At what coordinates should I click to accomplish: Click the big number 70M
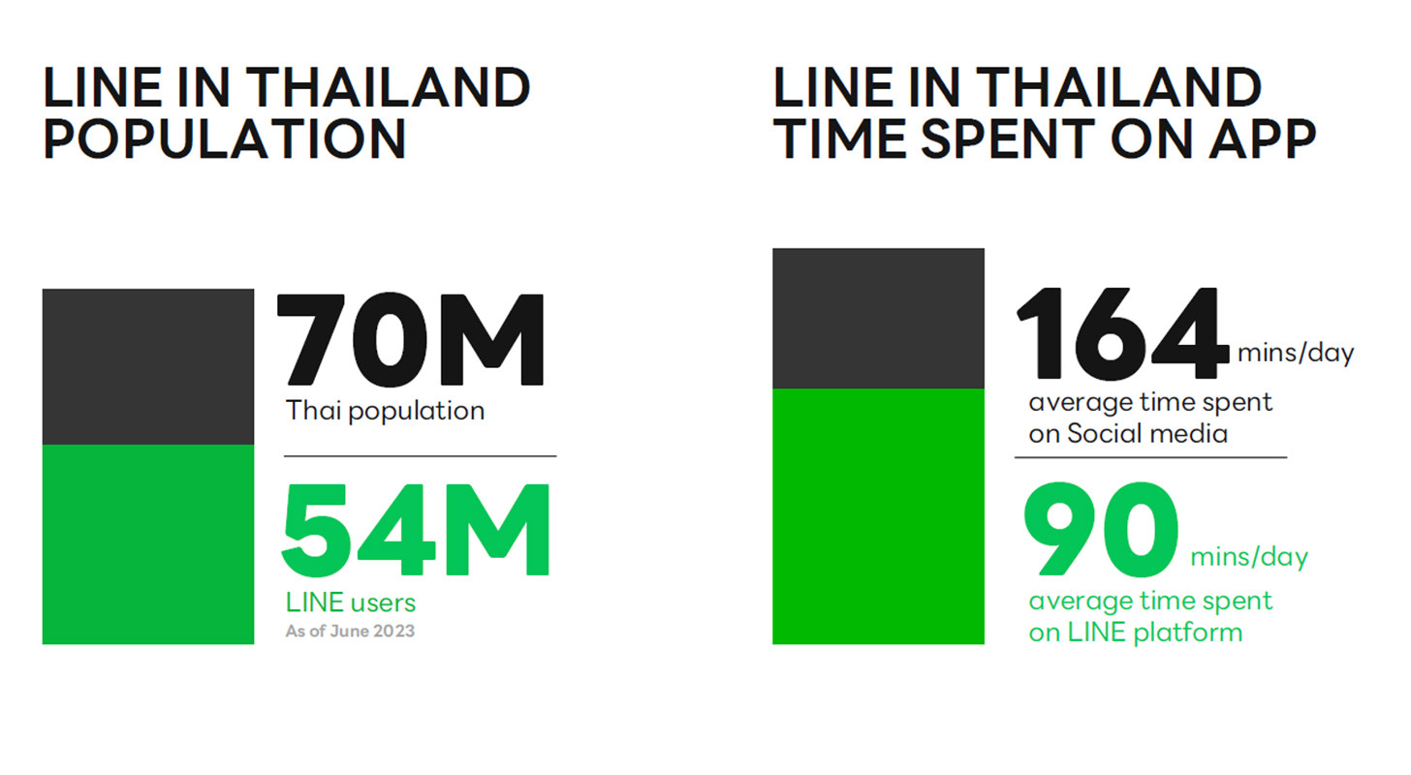click(411, 339)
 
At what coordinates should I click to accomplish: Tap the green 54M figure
click(416, 530)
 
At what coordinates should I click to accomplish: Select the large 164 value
click(1122, 333)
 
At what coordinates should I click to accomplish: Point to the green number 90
click(1101, 529)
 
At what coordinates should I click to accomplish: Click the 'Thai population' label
click(386, 411)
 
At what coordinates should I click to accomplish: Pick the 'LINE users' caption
click(350, 603)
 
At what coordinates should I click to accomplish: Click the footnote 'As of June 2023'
click(350, 631)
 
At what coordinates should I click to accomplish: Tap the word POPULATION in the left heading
click(225, 139)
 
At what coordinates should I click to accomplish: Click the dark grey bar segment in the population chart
click(148, 367)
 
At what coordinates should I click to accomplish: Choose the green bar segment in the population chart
click(148, 544)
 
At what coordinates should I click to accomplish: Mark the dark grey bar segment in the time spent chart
click(878, 319)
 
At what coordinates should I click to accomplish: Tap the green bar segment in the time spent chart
click(878, 516)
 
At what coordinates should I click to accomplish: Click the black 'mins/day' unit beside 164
click(1296, 354)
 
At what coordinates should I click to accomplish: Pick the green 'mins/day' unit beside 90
click(1249, 557)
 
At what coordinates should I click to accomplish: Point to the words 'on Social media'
click(1128, 434)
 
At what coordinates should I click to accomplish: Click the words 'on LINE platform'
click(1136, 633)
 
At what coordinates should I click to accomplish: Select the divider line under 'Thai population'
click(421, 456)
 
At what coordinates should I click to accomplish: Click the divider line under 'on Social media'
click(1150, 457)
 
